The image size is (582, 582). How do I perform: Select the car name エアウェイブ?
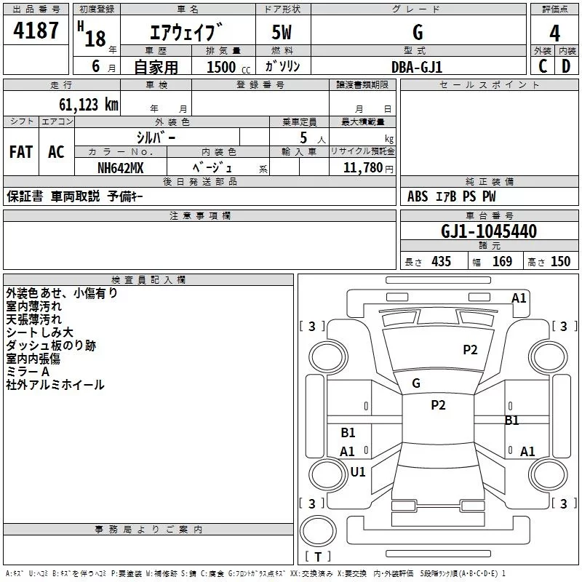point(186,33)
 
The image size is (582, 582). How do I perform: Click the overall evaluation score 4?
point(554,33)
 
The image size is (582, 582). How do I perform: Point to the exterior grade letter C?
point(543,66)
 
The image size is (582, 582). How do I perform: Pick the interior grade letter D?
point(566,66)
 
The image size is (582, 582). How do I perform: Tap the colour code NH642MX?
point(121,168)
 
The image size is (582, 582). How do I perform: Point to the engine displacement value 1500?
point(221,67)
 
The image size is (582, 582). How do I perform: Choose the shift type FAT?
point(21,152)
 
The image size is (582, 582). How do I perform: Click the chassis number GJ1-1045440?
point(489,231)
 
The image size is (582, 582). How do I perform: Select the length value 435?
point(440,262)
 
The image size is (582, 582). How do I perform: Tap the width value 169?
point(502,262)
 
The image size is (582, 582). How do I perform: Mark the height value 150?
point(560,262)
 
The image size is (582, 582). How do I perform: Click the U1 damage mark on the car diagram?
point(358,471)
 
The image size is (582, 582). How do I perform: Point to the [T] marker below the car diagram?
point(318,557)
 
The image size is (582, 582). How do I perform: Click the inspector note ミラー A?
point(28,372)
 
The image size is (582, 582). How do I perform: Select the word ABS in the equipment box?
point(418,196)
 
